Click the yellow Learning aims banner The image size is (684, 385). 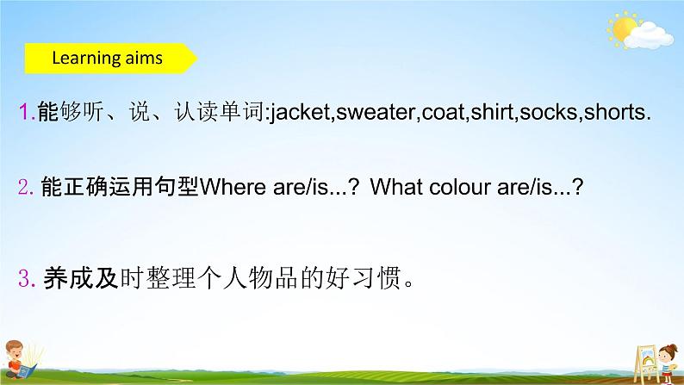[x=108, y=59]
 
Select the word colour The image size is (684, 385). [x=462, y=188]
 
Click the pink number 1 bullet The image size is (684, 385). [x=25, y=113]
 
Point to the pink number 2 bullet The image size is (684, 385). [x=25, y=189]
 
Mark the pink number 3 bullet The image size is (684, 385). [x=25, y=278]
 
